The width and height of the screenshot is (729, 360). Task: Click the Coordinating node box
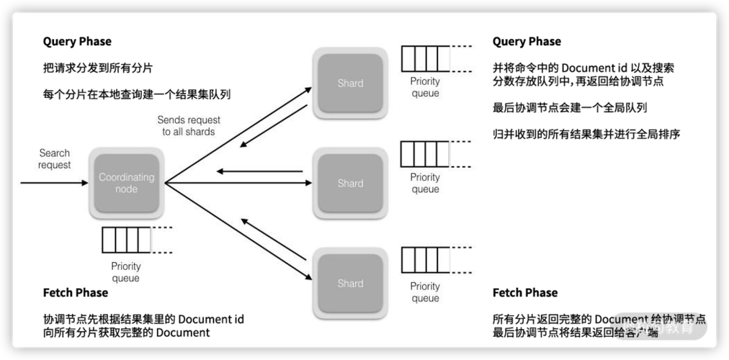pyautogui.click(x=126, y=183)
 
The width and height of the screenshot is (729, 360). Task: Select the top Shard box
pyautogui.click(x=350, y=84)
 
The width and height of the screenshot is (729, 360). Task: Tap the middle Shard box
pyautogui.click(x=350, y=184)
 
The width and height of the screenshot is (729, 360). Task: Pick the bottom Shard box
pyautogui.click(x=350, y=283)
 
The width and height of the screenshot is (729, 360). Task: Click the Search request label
pyautogui.click(x=55, y=159)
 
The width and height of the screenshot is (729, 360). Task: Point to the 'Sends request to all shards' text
pyautogui.click(x=189, y=126)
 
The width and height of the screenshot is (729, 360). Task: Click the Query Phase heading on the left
pyautogui.click(x=77, y=41)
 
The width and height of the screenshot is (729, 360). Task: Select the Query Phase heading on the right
pyautogui.click(x=527, y=41)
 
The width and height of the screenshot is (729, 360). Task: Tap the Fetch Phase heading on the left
pyautogui.click(x=76, y=292)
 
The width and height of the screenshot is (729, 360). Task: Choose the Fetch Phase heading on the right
pyautogui.click(x=525, y=292)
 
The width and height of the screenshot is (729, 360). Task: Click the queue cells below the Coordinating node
pyautogui.click(x=127, y=239)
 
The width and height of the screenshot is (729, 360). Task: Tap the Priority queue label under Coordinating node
pyautogui.click(x=126, y=272)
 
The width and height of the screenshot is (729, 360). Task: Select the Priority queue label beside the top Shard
pyautogui.click(x=425, y=87)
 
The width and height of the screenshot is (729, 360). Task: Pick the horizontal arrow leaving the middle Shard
pyautogui.click(x=259, y=171)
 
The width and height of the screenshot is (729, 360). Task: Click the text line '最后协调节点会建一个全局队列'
pyautogui.click(x=570, y=108)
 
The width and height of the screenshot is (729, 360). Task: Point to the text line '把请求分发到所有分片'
pyautogui.click(x=97, y=68)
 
